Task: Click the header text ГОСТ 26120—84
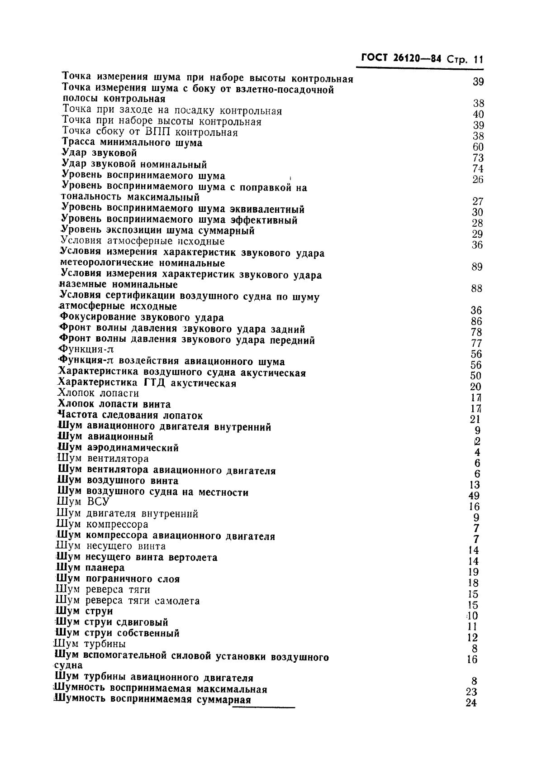tap(401, 58)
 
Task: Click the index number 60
tap(478, 147)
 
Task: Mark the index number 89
tap(477, 267)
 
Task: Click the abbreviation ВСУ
tap(97, 502)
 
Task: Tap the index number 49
tap(475, 496)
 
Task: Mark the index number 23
tap(471, 692)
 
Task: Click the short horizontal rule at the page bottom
tap(263, 707)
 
